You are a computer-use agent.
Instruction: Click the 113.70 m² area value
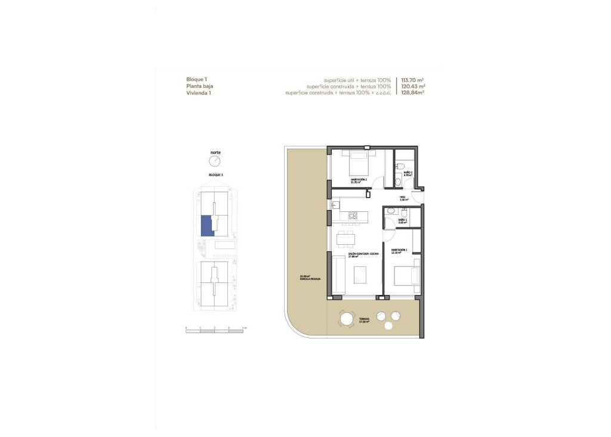tap(412, 80)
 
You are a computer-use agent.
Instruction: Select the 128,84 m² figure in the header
tap(412, 93)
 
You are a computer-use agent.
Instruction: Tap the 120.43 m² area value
tap(412, 87)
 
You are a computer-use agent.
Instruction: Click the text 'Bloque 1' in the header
tap(197, 79)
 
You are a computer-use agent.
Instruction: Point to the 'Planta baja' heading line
tap(199, 87)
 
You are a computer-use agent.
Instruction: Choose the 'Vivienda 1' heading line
tap(199, 93)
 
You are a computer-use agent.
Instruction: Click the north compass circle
tap(215, 162)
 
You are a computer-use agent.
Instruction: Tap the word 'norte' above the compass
tap(215, 153)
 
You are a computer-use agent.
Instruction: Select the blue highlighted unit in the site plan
tap(206, 226)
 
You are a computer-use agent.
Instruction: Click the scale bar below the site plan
tap(215, 330)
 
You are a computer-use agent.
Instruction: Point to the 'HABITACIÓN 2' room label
tap(359, 180)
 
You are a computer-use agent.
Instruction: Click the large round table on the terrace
tap(347, 319)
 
